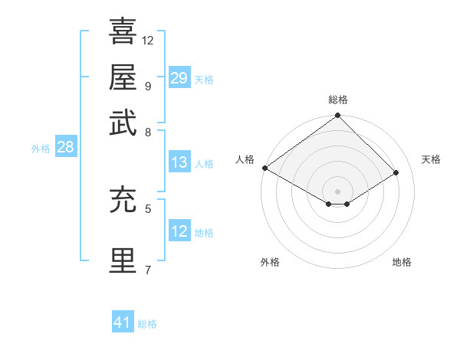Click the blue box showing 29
pyautogui.click(x=179, y=78)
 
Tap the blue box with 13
pyautogui.click(x=179, y=162)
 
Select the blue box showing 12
pyautogui.click(x=179, y=231)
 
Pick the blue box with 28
pyautogui.click(x=65, y=147)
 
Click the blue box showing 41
pyautogui.click(x=123, y=322)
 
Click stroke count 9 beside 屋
pyautogui.click(x=147, y=85)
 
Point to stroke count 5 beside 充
pyautogui.click(x=147, y=208)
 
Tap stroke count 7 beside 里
pyautogui.click(x=147, y=269)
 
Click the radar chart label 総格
pyautogui.click(x=337, y=100)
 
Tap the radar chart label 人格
pyautogui.click(x=245, y=159)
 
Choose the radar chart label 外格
pyautogui.click(x=270, y=262)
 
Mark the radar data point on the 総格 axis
pyautogui.click(x=337, y=116)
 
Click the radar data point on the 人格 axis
pyautogui.click(x=264, y=168)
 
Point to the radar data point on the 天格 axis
pyautogui.click(x=396, y=172)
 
